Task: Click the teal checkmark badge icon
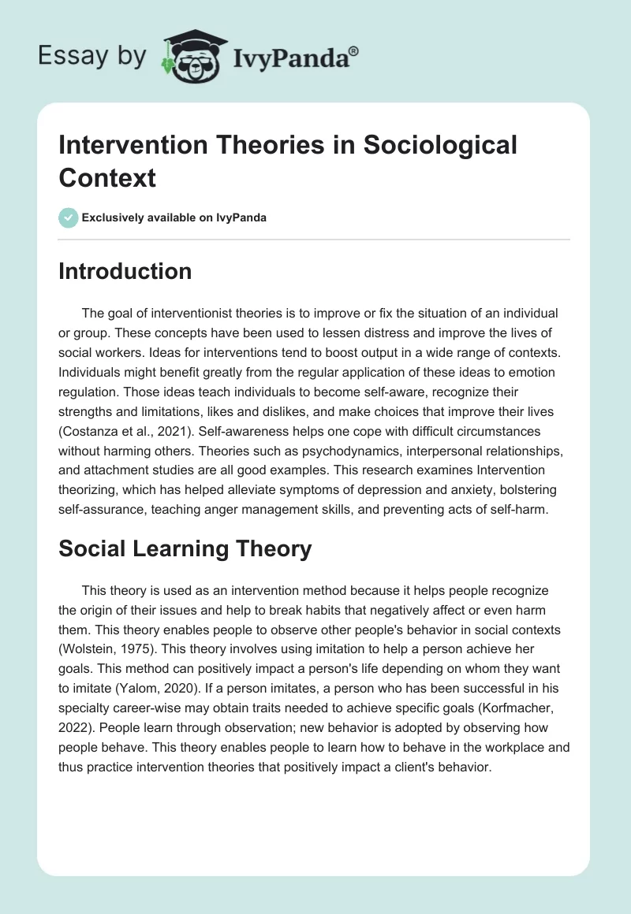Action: tap(69, 217)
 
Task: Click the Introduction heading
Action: tap(125, 271)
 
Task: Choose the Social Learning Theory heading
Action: tap(185, 548)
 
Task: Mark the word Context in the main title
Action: tap(107, 177)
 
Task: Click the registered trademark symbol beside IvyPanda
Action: tap(354, 50)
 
